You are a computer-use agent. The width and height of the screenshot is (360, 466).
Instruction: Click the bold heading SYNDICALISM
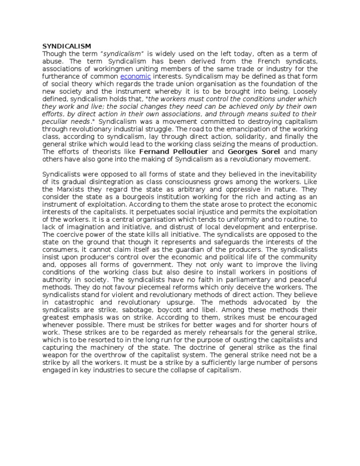click(x=67, y=46)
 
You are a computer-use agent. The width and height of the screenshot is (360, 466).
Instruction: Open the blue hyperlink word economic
click(x=136, y=76)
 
